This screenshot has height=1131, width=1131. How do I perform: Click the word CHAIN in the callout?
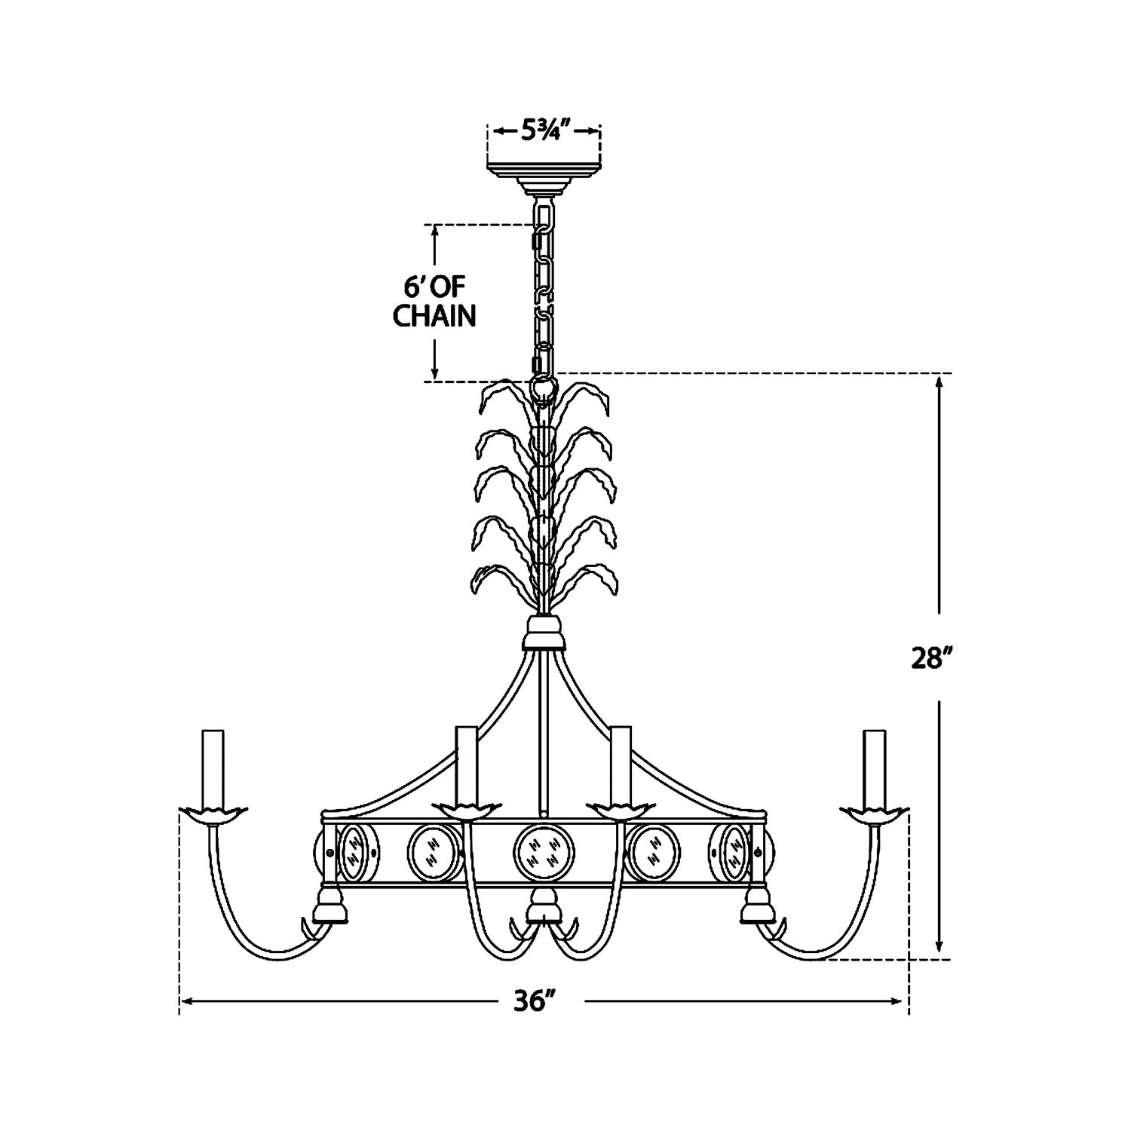(x=435, y=316)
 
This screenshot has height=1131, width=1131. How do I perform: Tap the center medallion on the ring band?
(x=544, y=857)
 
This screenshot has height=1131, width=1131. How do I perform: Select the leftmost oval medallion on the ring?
(x=353, y=854)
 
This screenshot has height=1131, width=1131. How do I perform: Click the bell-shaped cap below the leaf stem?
(x=544, y=633)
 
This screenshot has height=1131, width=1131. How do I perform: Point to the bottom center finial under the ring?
(x=544, y=907)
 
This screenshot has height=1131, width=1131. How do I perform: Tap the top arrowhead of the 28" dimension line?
(x=939, y=382)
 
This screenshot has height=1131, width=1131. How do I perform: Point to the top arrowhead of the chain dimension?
(x=434, y=231)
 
